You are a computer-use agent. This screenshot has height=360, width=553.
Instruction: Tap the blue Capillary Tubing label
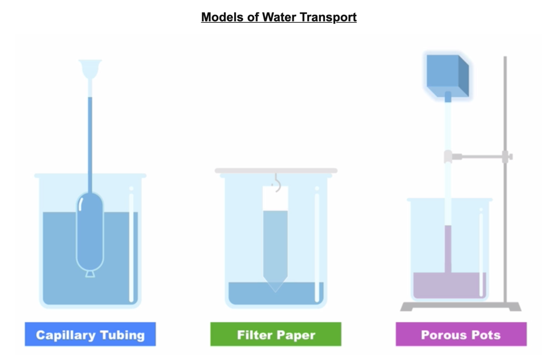tap(90, 334)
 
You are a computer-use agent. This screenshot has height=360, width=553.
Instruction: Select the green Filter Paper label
tap(276, 334)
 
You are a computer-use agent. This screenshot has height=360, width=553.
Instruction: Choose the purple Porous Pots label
tap(461, 334)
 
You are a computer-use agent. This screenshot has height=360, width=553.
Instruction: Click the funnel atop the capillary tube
tap(90, 68)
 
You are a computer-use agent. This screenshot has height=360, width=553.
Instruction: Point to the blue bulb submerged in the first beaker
tap(90, 232)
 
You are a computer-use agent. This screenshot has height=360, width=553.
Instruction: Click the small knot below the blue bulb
tap(90, 274)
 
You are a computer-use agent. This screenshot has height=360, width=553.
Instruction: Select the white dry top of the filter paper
tap(275, 199)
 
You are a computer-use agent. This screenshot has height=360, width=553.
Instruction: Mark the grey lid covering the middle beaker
tap(276, 170)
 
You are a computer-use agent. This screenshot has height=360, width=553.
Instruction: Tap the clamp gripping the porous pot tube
tap(448, 157)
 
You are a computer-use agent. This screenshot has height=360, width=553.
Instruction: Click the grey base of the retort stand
tap(460, 307)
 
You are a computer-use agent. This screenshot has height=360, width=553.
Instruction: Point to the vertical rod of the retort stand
tap(505, 228)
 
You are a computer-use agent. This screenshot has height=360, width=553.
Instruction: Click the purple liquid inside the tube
tap(448, 249)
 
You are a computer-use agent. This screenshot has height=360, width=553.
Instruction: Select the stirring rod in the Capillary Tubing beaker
tap(131, 245)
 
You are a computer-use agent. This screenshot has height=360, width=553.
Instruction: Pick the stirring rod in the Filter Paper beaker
tap(317, 245)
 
